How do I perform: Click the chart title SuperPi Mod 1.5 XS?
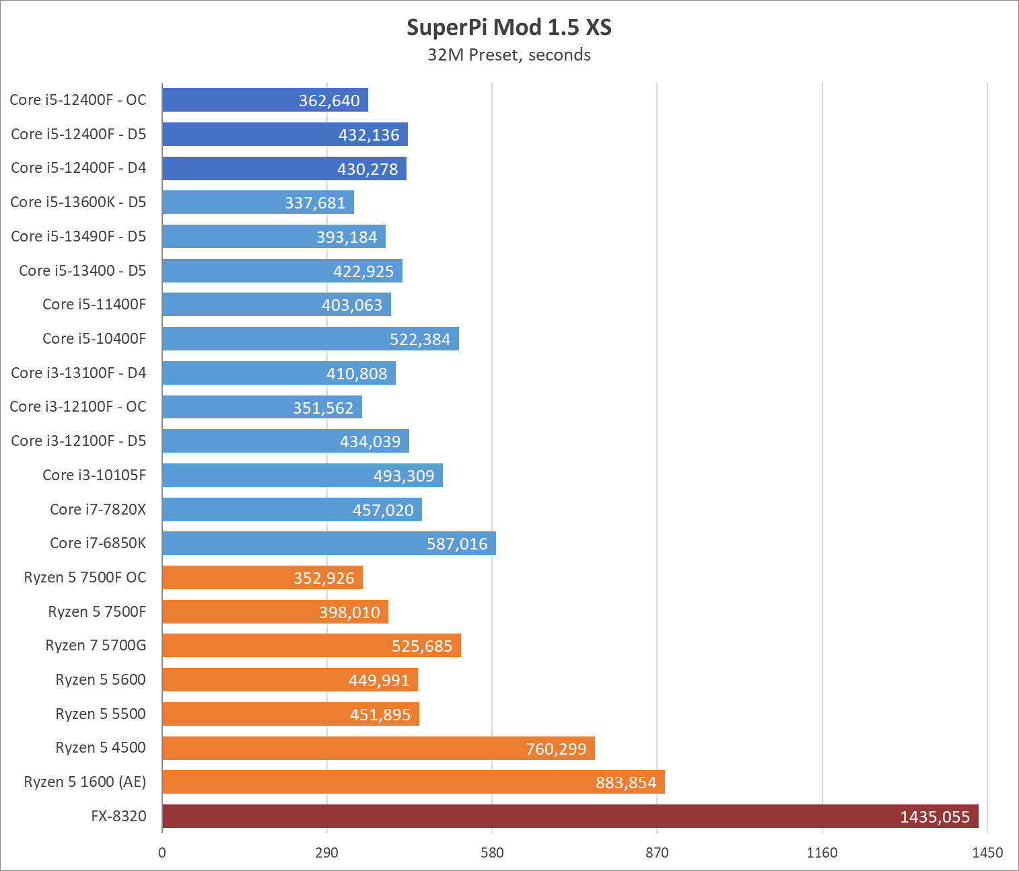point(509,28)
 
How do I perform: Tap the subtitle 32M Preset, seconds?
point(509,55)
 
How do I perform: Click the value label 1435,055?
point(935,817)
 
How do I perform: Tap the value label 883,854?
point(625,783)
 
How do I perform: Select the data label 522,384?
point(420,340)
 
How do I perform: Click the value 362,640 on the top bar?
point(329,101)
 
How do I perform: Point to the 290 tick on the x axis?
point(326,853)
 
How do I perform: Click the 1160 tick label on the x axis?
point(822,853)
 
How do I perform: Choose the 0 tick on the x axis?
point(162,853)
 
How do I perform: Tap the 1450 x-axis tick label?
point(987,853)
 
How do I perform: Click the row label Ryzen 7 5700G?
point(96,646)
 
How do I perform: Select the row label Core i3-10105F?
point(94,475)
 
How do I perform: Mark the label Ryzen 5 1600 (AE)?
point(85,782)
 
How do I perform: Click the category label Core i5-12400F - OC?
point(78,100)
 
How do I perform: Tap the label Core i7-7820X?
point(98,509)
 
